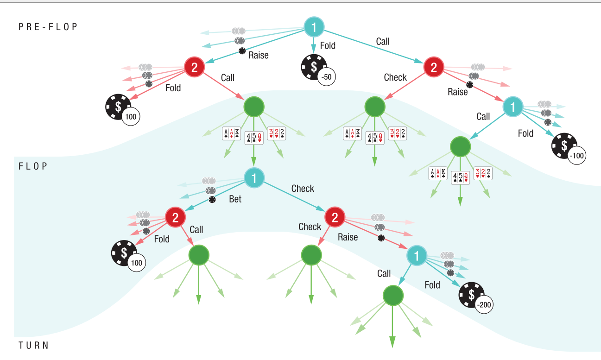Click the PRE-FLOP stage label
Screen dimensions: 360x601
tap(48, 27)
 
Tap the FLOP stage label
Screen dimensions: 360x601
tap(33, 166)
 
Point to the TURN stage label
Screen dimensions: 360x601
tap(33, 346)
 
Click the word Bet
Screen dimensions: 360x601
tap(235, 199)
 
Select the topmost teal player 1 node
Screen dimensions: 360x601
tap(314, 28)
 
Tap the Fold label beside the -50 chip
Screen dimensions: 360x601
tap(328, 45)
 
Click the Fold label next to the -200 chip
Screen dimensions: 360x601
tap(432, 285)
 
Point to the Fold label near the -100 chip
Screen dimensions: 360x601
tap(525, 133)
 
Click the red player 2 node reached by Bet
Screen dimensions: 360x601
tap(176, 217)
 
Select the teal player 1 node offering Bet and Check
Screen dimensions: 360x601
tap(254, 178)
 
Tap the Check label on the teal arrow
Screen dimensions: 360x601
tap(303, 189)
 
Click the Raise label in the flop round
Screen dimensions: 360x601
tap(348, 237)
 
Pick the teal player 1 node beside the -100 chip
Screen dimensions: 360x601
tap(513, 107)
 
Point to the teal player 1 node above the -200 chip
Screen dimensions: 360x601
tap(417, 255)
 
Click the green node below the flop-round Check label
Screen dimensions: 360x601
tap(311, 255)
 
